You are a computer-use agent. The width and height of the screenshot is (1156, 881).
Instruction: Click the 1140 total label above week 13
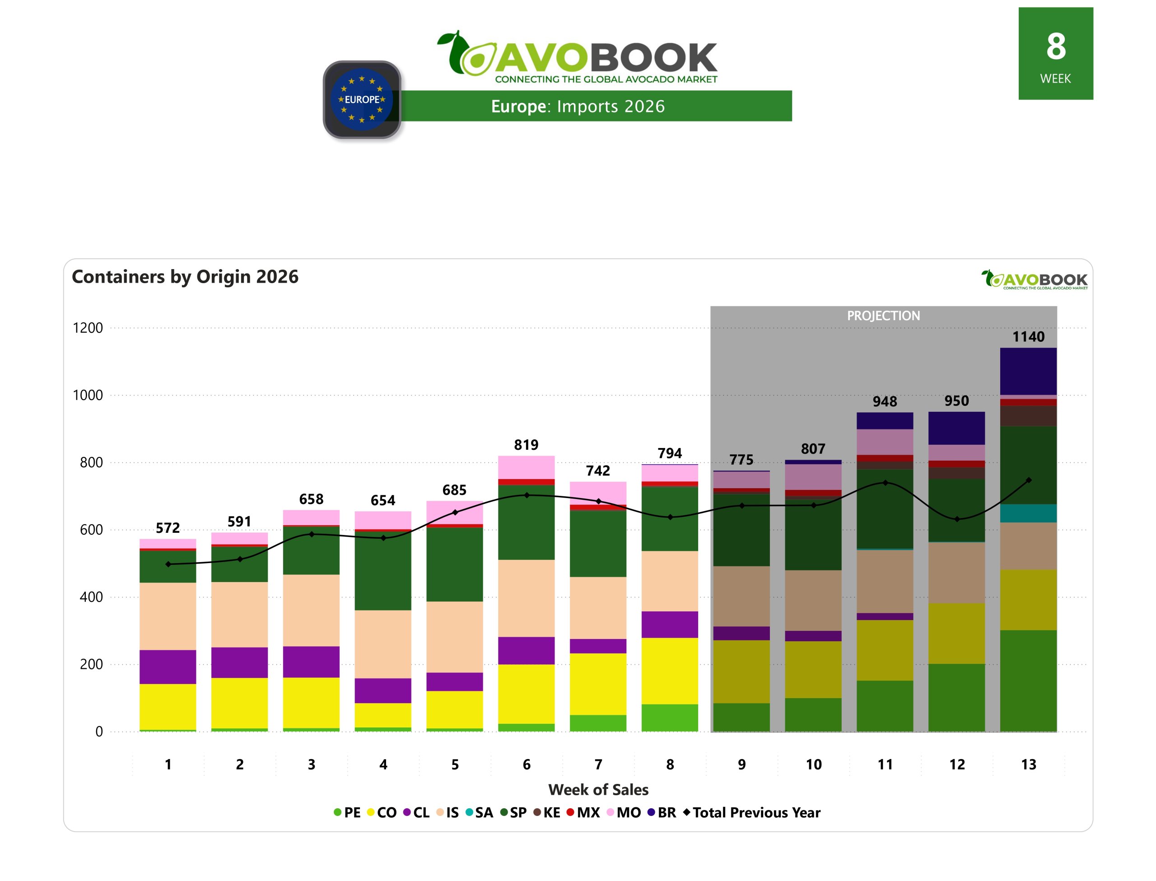(1028, 337)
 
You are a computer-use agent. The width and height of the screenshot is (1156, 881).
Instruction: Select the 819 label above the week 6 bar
(526, 445)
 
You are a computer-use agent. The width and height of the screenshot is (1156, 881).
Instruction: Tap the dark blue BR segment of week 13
(1028, 371)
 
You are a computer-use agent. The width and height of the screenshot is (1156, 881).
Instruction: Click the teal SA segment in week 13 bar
(1028, 513)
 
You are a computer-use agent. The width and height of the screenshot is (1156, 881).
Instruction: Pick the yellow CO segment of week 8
(670, 671)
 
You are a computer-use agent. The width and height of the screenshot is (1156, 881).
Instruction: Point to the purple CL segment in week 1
(168, 667)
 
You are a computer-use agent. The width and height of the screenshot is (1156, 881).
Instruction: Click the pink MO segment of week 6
(526, 467)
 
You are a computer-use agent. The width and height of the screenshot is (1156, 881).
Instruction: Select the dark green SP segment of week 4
(383, 571)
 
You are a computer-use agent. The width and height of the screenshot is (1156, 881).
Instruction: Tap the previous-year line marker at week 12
(957, 519)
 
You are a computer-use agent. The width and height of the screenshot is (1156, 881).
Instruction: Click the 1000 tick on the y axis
(88, 396)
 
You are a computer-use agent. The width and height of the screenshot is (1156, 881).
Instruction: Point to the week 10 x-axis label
(813, 764)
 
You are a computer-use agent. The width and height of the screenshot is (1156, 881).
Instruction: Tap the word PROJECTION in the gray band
(883, 316)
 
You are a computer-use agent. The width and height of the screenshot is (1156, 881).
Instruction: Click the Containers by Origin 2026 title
(185, 277)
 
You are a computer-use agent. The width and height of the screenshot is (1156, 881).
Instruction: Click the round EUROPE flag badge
(362, 100)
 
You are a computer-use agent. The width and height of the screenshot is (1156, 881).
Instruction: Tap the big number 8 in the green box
(1055, 46)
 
